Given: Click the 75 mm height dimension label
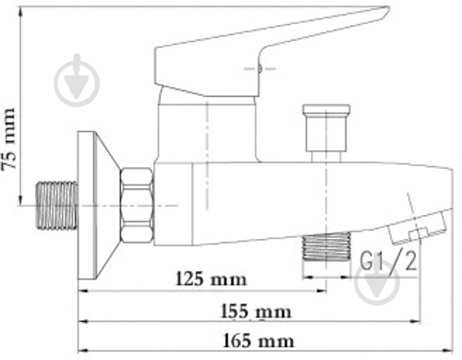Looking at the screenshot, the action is [x=8, y=138].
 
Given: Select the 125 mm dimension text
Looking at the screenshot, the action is [x=212, y=279].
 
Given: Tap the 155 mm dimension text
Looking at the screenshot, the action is [x=256, y=311].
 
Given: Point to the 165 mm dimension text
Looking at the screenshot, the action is [x=259, y=341].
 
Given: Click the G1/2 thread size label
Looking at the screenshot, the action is [x=388, y=261].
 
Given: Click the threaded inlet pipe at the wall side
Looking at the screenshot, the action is [x=57, y=206].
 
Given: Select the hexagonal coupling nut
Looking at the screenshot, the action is [x=137, y=205].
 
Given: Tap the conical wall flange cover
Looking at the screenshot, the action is [x=99, y=205].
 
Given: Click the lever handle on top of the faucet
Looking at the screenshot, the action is [x=271, y=51].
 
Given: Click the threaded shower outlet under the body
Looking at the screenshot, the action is [x=326, y=246].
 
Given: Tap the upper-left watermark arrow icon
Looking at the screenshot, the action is [x=77, y=81].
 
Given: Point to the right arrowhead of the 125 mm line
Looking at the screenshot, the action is [x=321, y=291].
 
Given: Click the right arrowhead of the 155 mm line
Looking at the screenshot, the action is [x=415, y=321].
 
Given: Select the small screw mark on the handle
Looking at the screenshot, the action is [x=260, y=68].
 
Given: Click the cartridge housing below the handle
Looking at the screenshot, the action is [x=207, y=129].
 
